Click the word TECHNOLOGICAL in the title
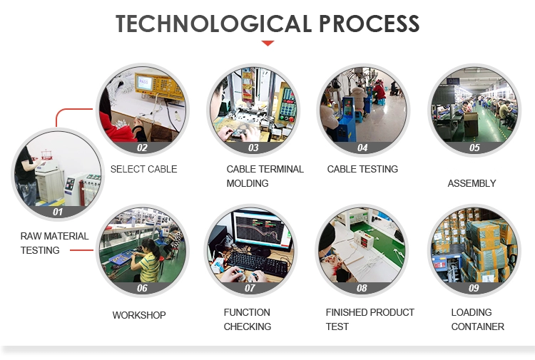213,24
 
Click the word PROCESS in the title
370,24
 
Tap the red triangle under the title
267,43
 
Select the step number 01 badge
58,212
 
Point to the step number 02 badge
142,148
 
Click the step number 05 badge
474,148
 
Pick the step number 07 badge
250,288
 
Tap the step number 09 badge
474,288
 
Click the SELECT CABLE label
143,169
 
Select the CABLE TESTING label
362,169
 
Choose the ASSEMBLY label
472,183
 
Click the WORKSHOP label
139,315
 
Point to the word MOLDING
248,183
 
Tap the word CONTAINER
477,326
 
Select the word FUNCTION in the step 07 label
247,312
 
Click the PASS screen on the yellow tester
144,83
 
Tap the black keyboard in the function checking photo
257,263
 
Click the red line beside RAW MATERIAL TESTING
81,250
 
